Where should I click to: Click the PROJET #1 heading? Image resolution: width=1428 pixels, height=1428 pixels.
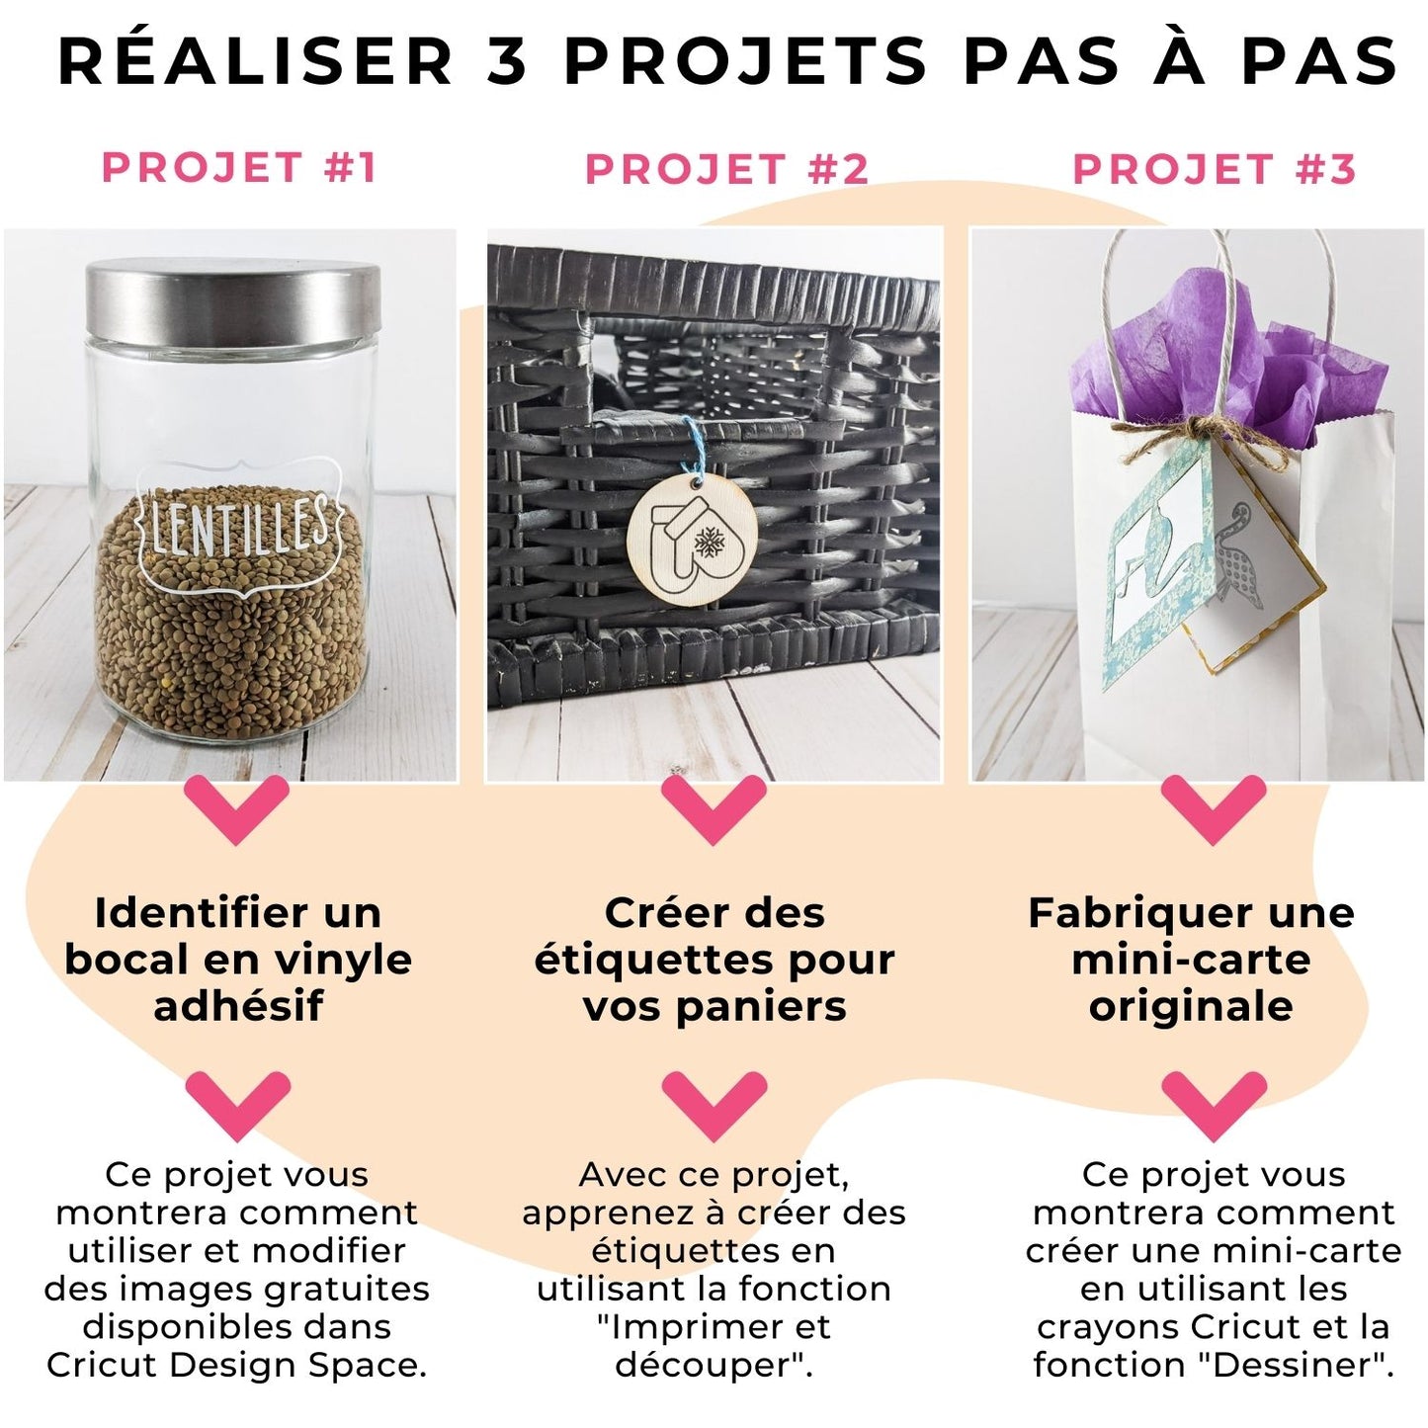tap(239, 167)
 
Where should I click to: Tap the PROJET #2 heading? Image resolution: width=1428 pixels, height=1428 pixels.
tap(726, 169)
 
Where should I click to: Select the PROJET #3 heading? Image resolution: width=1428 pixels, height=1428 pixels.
tap(1214, 169)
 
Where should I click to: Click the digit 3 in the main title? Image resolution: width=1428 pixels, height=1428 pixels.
tap(507, 60)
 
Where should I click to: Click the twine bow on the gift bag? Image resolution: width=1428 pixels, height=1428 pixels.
tap(1193, 437)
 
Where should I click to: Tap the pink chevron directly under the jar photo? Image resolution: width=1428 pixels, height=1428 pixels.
tap(236, 810)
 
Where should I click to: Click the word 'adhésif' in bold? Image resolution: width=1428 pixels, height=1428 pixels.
tap(238, 1006)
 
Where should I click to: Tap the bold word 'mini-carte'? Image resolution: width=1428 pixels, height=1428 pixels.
tap(1191, 960)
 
